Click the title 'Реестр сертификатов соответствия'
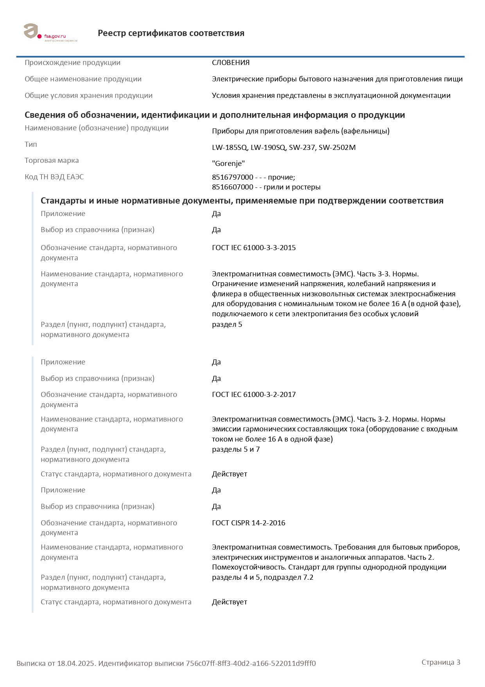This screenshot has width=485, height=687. tap(171, 33)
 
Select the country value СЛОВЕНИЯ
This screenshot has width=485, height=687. tap(231, 63)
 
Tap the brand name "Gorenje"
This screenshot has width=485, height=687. tap(228, 164)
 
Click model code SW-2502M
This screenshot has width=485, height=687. tap(337, 148)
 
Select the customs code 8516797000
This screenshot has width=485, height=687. tap(233, 177)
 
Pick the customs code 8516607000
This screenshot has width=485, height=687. tap(233, 187)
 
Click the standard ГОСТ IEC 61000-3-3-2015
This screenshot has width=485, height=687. tap(254, 248)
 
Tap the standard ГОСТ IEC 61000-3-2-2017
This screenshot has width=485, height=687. tap(254, 395)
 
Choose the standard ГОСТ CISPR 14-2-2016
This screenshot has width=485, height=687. tap(248, 523)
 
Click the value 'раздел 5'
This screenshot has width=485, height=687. tap(227, 325)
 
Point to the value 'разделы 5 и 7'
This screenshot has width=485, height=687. tap(236, 449)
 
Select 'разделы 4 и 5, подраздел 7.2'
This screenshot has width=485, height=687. tap(262, 577)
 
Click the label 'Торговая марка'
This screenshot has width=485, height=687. tap(52, 160)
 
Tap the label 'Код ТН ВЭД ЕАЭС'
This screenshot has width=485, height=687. tap(54, 177)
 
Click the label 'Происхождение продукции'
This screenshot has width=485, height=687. tap(72, 63)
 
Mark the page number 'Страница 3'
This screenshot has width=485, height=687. tap(441, 662)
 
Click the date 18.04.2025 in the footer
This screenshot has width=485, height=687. tap(76, 664)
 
